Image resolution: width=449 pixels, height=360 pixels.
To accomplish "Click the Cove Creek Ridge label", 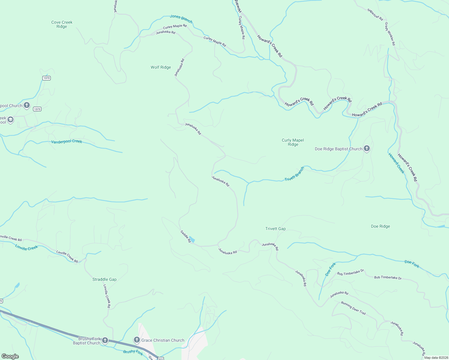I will (x=62, y=24).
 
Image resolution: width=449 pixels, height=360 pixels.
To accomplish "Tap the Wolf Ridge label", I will (x=161, y=67).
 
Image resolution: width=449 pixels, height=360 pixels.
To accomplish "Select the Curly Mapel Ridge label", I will (x=293, y=142).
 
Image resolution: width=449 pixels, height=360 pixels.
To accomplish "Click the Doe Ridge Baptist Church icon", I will (x=366, y=148).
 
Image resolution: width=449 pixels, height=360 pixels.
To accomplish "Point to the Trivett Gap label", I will (x=275, y=229).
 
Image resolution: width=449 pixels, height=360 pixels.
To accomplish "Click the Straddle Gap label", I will (x=104, y=279).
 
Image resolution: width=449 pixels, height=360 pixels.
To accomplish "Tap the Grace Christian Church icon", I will (x=137, y=340).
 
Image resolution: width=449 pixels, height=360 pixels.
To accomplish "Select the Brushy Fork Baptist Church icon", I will (x=105, y=340).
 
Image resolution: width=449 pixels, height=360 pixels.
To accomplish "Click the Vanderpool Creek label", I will (x=66, y=141).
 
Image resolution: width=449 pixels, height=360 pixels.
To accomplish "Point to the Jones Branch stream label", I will (x=181, y=19).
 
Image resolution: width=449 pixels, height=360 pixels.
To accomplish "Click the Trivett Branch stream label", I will (x=294, y=174).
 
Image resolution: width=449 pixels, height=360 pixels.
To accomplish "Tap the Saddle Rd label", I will (x=185, y=236).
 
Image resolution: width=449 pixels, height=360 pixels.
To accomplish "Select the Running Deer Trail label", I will (x=353, y=308).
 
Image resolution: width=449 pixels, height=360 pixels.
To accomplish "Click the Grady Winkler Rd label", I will (x=390, y=34).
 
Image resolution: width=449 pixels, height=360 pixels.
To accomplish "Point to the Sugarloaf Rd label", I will (x=375, y=14).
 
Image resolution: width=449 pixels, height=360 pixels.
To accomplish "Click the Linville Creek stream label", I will (x=26, y=247).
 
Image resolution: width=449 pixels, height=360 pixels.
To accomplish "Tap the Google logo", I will (x=10, y=356).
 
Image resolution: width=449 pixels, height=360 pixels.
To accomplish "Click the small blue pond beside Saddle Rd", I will (x=192, y=239).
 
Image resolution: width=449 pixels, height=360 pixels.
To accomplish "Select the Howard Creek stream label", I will (x=396, y=163).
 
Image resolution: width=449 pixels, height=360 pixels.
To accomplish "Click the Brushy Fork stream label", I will (x=133, y=352).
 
